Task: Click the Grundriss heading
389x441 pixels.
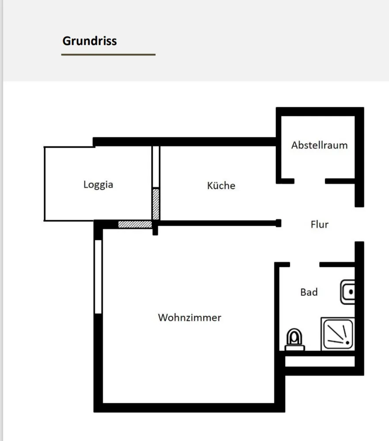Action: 90,41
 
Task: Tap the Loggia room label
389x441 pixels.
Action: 98,185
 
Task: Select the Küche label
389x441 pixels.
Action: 221,185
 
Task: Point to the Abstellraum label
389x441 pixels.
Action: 319,145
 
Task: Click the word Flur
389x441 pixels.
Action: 319,224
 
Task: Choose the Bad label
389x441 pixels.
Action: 309,292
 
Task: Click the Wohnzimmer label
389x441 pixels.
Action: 189,318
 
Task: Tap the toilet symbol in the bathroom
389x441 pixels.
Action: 295,340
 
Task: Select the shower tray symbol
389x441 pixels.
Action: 338,334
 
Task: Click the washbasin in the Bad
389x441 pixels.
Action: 347,292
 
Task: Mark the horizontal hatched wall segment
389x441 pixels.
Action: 135,224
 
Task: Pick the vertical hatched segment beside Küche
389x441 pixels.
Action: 156,204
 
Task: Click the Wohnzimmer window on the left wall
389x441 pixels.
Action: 98,277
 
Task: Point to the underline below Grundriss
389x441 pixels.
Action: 109,55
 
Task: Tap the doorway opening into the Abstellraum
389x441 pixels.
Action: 310,181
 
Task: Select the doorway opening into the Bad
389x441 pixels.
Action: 305,264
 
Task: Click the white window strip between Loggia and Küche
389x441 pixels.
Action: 156,167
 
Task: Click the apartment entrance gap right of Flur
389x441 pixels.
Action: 359,224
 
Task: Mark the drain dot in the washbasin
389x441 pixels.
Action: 351,292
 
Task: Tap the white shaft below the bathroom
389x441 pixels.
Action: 320,362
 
